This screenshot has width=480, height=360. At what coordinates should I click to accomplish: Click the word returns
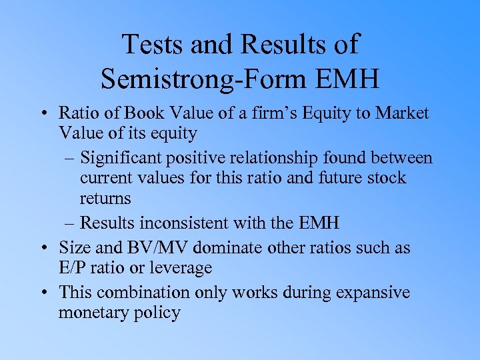tap(105, 198)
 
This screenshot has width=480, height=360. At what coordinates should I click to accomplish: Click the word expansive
tap(371, 292)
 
